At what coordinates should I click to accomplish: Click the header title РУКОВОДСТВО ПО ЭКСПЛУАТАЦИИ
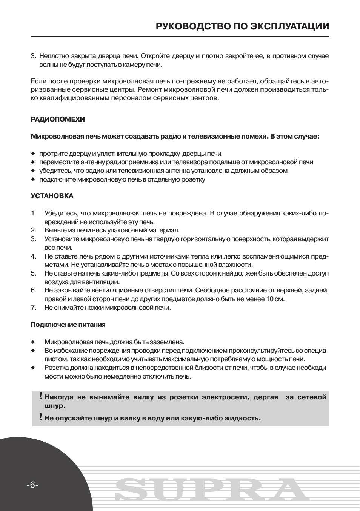tap(242, 26)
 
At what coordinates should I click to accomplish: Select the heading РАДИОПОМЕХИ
tap(58, 119)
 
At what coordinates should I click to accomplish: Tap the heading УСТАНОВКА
tap(52, 196)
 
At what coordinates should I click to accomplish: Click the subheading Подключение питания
tap(68, 325)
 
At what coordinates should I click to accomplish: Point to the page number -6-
tap(32, 485)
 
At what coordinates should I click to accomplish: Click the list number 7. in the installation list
tap(34, 308)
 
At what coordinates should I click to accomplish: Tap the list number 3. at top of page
tap(33, 56)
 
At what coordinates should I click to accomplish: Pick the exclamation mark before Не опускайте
tap(40, 417)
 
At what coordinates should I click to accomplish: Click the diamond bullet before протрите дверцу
tap(33, 154)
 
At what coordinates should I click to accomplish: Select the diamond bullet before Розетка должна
tap(33, 368)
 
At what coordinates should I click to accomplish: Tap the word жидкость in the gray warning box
tap(242, 418)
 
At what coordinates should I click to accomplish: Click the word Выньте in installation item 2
tap(54, 230)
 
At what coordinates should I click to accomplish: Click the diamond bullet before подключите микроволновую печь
tap(33, 180)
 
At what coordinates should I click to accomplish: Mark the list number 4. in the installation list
tap(34, 256)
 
